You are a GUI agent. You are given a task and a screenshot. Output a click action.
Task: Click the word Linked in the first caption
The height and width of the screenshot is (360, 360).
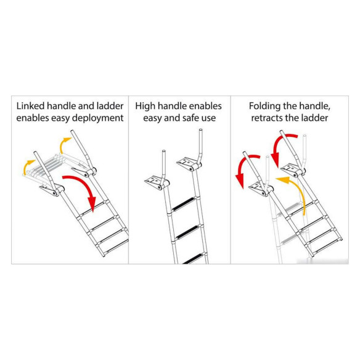[30, 106]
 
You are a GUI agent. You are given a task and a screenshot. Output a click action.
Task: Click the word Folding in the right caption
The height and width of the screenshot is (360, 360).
[264, 107]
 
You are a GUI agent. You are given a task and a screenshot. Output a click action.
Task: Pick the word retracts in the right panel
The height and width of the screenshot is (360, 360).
[266, 118]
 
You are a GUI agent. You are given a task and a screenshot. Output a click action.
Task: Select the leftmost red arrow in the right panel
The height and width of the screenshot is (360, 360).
[245, 167]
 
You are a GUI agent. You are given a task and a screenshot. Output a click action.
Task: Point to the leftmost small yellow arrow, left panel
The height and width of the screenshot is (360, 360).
[27, 166]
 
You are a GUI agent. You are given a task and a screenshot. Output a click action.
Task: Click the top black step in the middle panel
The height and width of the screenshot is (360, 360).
[184, 204]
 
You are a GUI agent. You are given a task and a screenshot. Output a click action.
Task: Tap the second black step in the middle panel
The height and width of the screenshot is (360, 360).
[188, 232]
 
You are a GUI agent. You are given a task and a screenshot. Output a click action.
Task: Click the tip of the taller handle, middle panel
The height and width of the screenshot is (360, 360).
[201, 129]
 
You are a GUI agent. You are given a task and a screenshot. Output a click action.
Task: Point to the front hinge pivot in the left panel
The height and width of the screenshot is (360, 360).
[55, 192]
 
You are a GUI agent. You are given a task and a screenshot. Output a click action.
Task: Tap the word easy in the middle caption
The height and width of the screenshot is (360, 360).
[152, 118]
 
